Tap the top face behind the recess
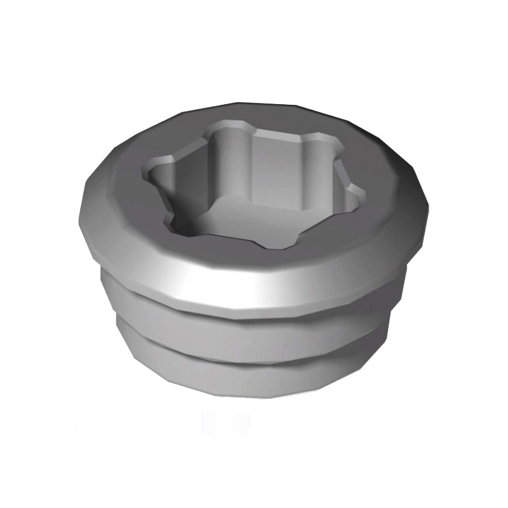(279, 117)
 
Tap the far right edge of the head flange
(427, 210)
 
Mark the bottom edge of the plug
(254, 398)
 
